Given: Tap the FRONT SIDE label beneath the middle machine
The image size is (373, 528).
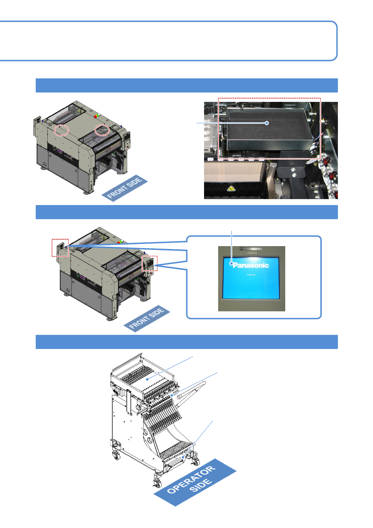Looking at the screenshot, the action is tap(147, 318).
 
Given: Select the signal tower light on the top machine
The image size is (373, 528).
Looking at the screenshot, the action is tap(97, 116).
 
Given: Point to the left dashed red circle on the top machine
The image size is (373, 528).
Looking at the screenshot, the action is tap(61, 130).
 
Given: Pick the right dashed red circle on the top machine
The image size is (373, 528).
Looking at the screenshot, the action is tap(102, 130).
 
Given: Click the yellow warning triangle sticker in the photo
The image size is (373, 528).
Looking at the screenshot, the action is tap(231, 189).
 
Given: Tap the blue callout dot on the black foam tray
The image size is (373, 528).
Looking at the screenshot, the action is tap(267, 123).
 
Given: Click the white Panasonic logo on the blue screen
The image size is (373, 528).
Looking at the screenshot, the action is tap(251, 265).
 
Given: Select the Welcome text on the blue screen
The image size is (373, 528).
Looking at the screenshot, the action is tap(251, 275).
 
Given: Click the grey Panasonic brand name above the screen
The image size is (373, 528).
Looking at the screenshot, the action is tap(251, 249).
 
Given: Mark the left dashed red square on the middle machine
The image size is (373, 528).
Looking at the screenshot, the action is tap(60, 248).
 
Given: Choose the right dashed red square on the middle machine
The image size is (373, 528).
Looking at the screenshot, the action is tap(150, 263).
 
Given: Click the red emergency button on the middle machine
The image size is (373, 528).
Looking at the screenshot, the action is tap(151, 273).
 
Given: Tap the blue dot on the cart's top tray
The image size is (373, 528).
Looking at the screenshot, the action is tap(147, 379).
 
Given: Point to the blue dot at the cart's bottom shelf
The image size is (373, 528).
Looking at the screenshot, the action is tap(183, 457).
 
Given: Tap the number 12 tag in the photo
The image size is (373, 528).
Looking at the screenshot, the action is tap(211, 159).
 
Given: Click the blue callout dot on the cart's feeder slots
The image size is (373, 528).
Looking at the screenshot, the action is tap(172, 396).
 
